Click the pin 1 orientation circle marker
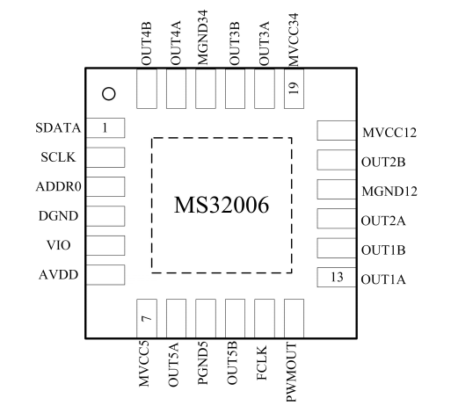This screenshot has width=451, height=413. point(109,94)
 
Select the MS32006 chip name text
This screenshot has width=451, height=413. point(222,205)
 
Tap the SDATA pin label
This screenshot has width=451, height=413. point(58,128)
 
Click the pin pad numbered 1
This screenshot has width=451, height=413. point(105,127)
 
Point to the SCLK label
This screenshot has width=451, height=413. point(58,157)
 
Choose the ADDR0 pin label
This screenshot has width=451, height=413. point(58,186)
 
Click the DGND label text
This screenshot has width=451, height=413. point(58,216)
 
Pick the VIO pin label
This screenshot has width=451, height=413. point(59,245)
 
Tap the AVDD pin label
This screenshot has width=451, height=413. point(58,275)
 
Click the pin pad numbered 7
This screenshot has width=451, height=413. point(147,319)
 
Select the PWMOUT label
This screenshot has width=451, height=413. point(292,372)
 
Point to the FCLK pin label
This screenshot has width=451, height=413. point(262,363)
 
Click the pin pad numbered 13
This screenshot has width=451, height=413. point(337,277)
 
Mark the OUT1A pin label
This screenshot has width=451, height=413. point(383,279)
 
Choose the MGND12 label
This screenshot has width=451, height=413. point(389,192)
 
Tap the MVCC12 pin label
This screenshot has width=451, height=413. point(389,133)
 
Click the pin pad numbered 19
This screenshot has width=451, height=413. point(294,89)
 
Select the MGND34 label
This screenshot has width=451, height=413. point(202,37)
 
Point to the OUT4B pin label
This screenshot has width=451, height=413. point(146,43)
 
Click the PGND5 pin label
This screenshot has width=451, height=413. point(202,363)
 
